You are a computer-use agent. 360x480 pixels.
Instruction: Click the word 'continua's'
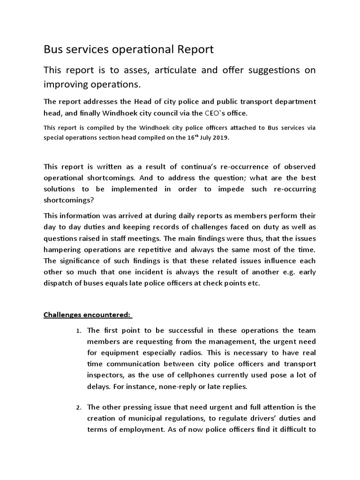pyautogui.click(x=180, y=167)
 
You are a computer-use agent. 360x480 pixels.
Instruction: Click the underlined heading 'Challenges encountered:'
pyautogui.click(x=88, y=314)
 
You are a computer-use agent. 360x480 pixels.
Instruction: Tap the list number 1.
pyautogui.click(x=79, y=331)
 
